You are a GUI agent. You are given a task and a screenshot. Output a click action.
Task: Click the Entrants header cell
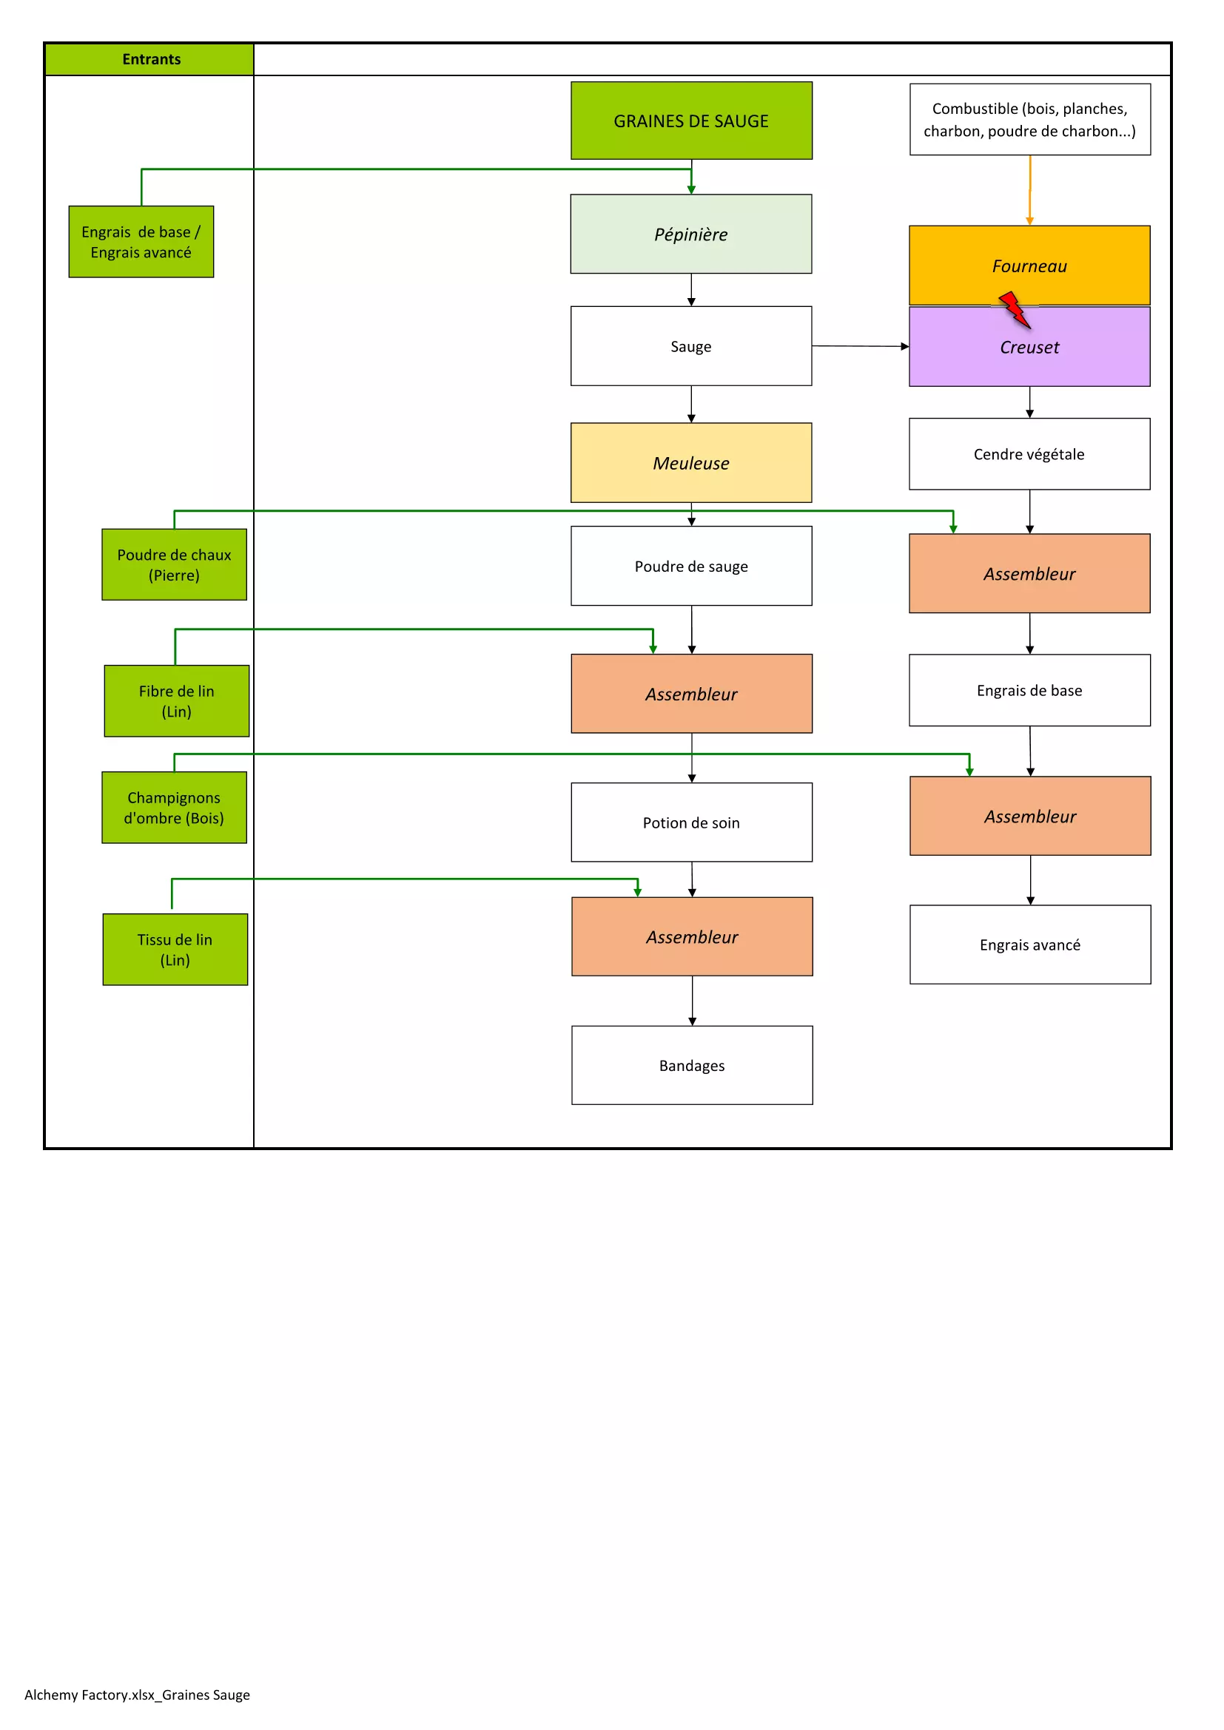[151, 59]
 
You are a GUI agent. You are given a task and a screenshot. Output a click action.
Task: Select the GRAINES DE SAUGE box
[691, 121]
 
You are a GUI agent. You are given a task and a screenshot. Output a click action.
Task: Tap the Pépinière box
[691, 234]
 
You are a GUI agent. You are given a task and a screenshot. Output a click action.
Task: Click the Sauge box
[691, 347]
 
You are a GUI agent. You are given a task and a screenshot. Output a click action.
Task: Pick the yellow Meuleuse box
[691, 462]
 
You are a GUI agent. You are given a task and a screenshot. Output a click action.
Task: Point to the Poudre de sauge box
[691, 566]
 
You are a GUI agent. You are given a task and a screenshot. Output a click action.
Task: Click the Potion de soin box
[691, 822]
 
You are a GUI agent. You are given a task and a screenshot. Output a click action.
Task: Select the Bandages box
[692, 1065]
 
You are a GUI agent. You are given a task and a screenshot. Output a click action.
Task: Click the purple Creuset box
[1029, 354]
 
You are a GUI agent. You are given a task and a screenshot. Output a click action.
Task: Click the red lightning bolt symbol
[1015, 310]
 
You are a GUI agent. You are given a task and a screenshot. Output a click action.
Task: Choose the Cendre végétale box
[1029, 454]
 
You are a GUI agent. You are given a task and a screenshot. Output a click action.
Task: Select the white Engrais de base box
[1029, 690]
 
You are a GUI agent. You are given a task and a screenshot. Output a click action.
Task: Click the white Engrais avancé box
[1030, 945]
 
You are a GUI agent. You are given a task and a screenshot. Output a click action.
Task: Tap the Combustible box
[1029, 120]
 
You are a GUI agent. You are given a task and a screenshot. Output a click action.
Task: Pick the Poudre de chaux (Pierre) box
[174, 564]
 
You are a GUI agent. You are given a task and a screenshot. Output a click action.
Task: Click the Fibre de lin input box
[176, 700]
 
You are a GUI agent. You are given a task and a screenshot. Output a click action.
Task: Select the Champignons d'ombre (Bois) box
[174, 807]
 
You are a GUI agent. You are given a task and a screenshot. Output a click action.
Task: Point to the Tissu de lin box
[175, 950]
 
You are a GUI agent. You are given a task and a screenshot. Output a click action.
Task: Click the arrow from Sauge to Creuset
[860, 347]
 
